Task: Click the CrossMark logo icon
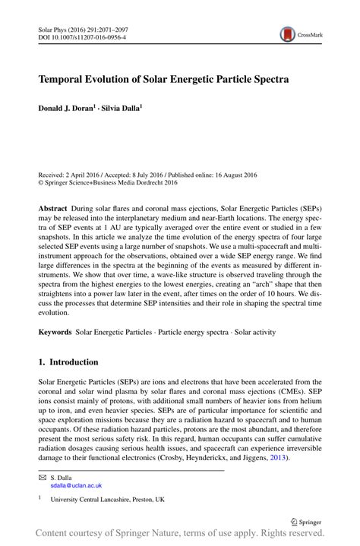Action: [x=289, y=35]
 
